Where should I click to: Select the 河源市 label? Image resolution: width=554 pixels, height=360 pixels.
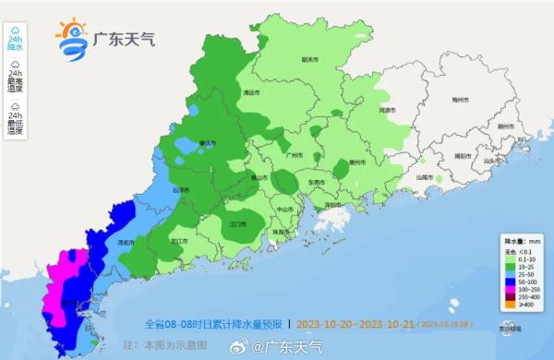[387, 111]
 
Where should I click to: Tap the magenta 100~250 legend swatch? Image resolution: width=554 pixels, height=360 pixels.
[507, 288]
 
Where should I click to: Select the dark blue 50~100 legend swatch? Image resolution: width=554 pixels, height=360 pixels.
[507, 281]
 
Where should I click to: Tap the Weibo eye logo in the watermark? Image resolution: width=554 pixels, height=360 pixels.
[245, 347]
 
